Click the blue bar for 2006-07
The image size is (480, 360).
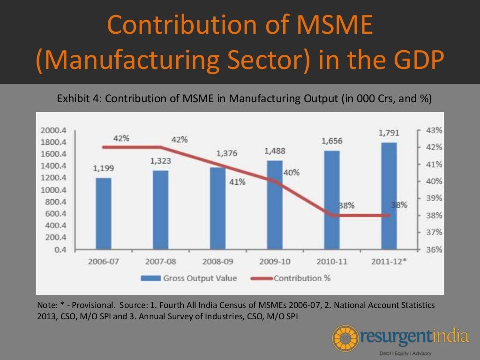click(104, 213)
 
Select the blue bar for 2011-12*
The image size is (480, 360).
click(389, 195)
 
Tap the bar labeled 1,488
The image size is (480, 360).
click(275, 204)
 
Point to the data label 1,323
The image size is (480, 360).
click(161, 161)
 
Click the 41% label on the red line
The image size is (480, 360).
click(237, 182)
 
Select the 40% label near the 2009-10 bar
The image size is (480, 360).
click(291, 172)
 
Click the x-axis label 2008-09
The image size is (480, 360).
click(217, 262)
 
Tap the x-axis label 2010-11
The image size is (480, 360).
click(331, 262)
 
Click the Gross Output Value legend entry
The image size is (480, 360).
click(200, 278)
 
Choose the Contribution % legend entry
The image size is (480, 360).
click(302, 278)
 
